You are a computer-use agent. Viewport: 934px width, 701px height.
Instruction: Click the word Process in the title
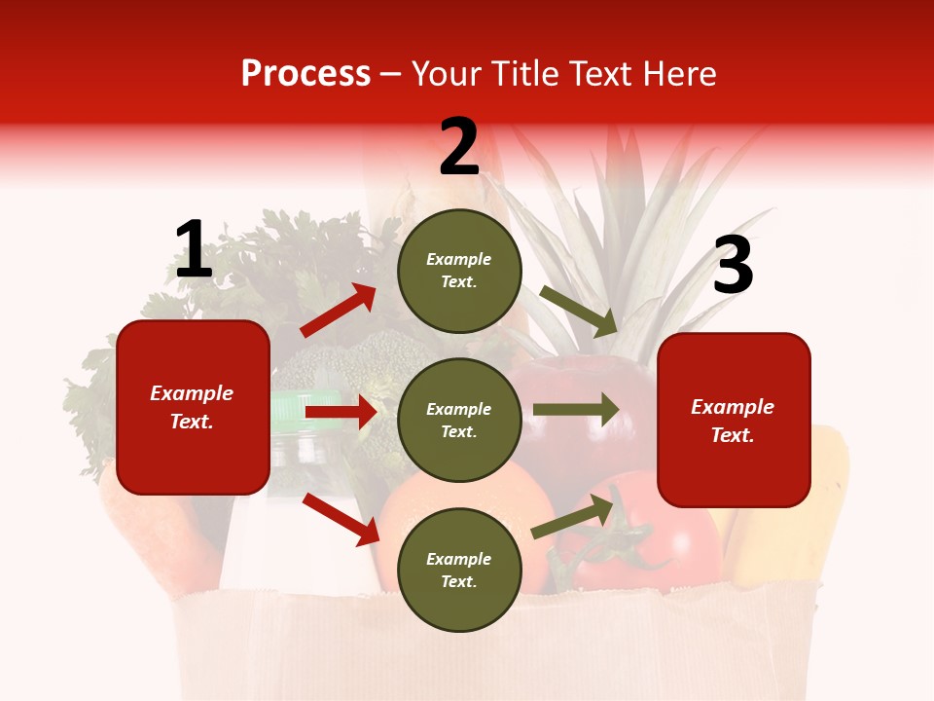pyautogui.click(x=305, y=74)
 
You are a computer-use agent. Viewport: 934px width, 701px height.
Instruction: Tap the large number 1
pyautogui.click(x=194, y=251)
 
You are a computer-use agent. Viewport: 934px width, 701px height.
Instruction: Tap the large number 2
pyautogui.click(x=459, y=148)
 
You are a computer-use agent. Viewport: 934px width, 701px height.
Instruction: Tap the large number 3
pyautogui.click(x=733, y=267)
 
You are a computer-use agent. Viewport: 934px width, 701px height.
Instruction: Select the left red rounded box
pyautogui.click(x=193, y=407)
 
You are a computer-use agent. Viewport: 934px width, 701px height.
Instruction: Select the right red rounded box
pyautogui.click(x=734, y=421)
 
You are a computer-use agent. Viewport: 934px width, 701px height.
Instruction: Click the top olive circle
pyautogui.click(x=459, y=271)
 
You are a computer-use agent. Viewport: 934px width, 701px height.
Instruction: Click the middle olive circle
pyautogui.click(x=459, y=420)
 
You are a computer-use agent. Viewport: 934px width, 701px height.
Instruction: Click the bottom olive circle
pyautogui.click(x=459, y=570)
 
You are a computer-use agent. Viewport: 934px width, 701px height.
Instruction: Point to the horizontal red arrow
pyautogui.click(x=341, y=412)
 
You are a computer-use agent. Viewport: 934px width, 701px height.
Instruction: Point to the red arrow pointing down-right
pyautogui.click(x=341, y=519)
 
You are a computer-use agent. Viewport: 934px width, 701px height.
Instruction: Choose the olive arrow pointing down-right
pyautogui.click(x=578, y=311)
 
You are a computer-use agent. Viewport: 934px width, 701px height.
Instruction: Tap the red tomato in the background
pyautogui.click(x=662, y=545)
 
